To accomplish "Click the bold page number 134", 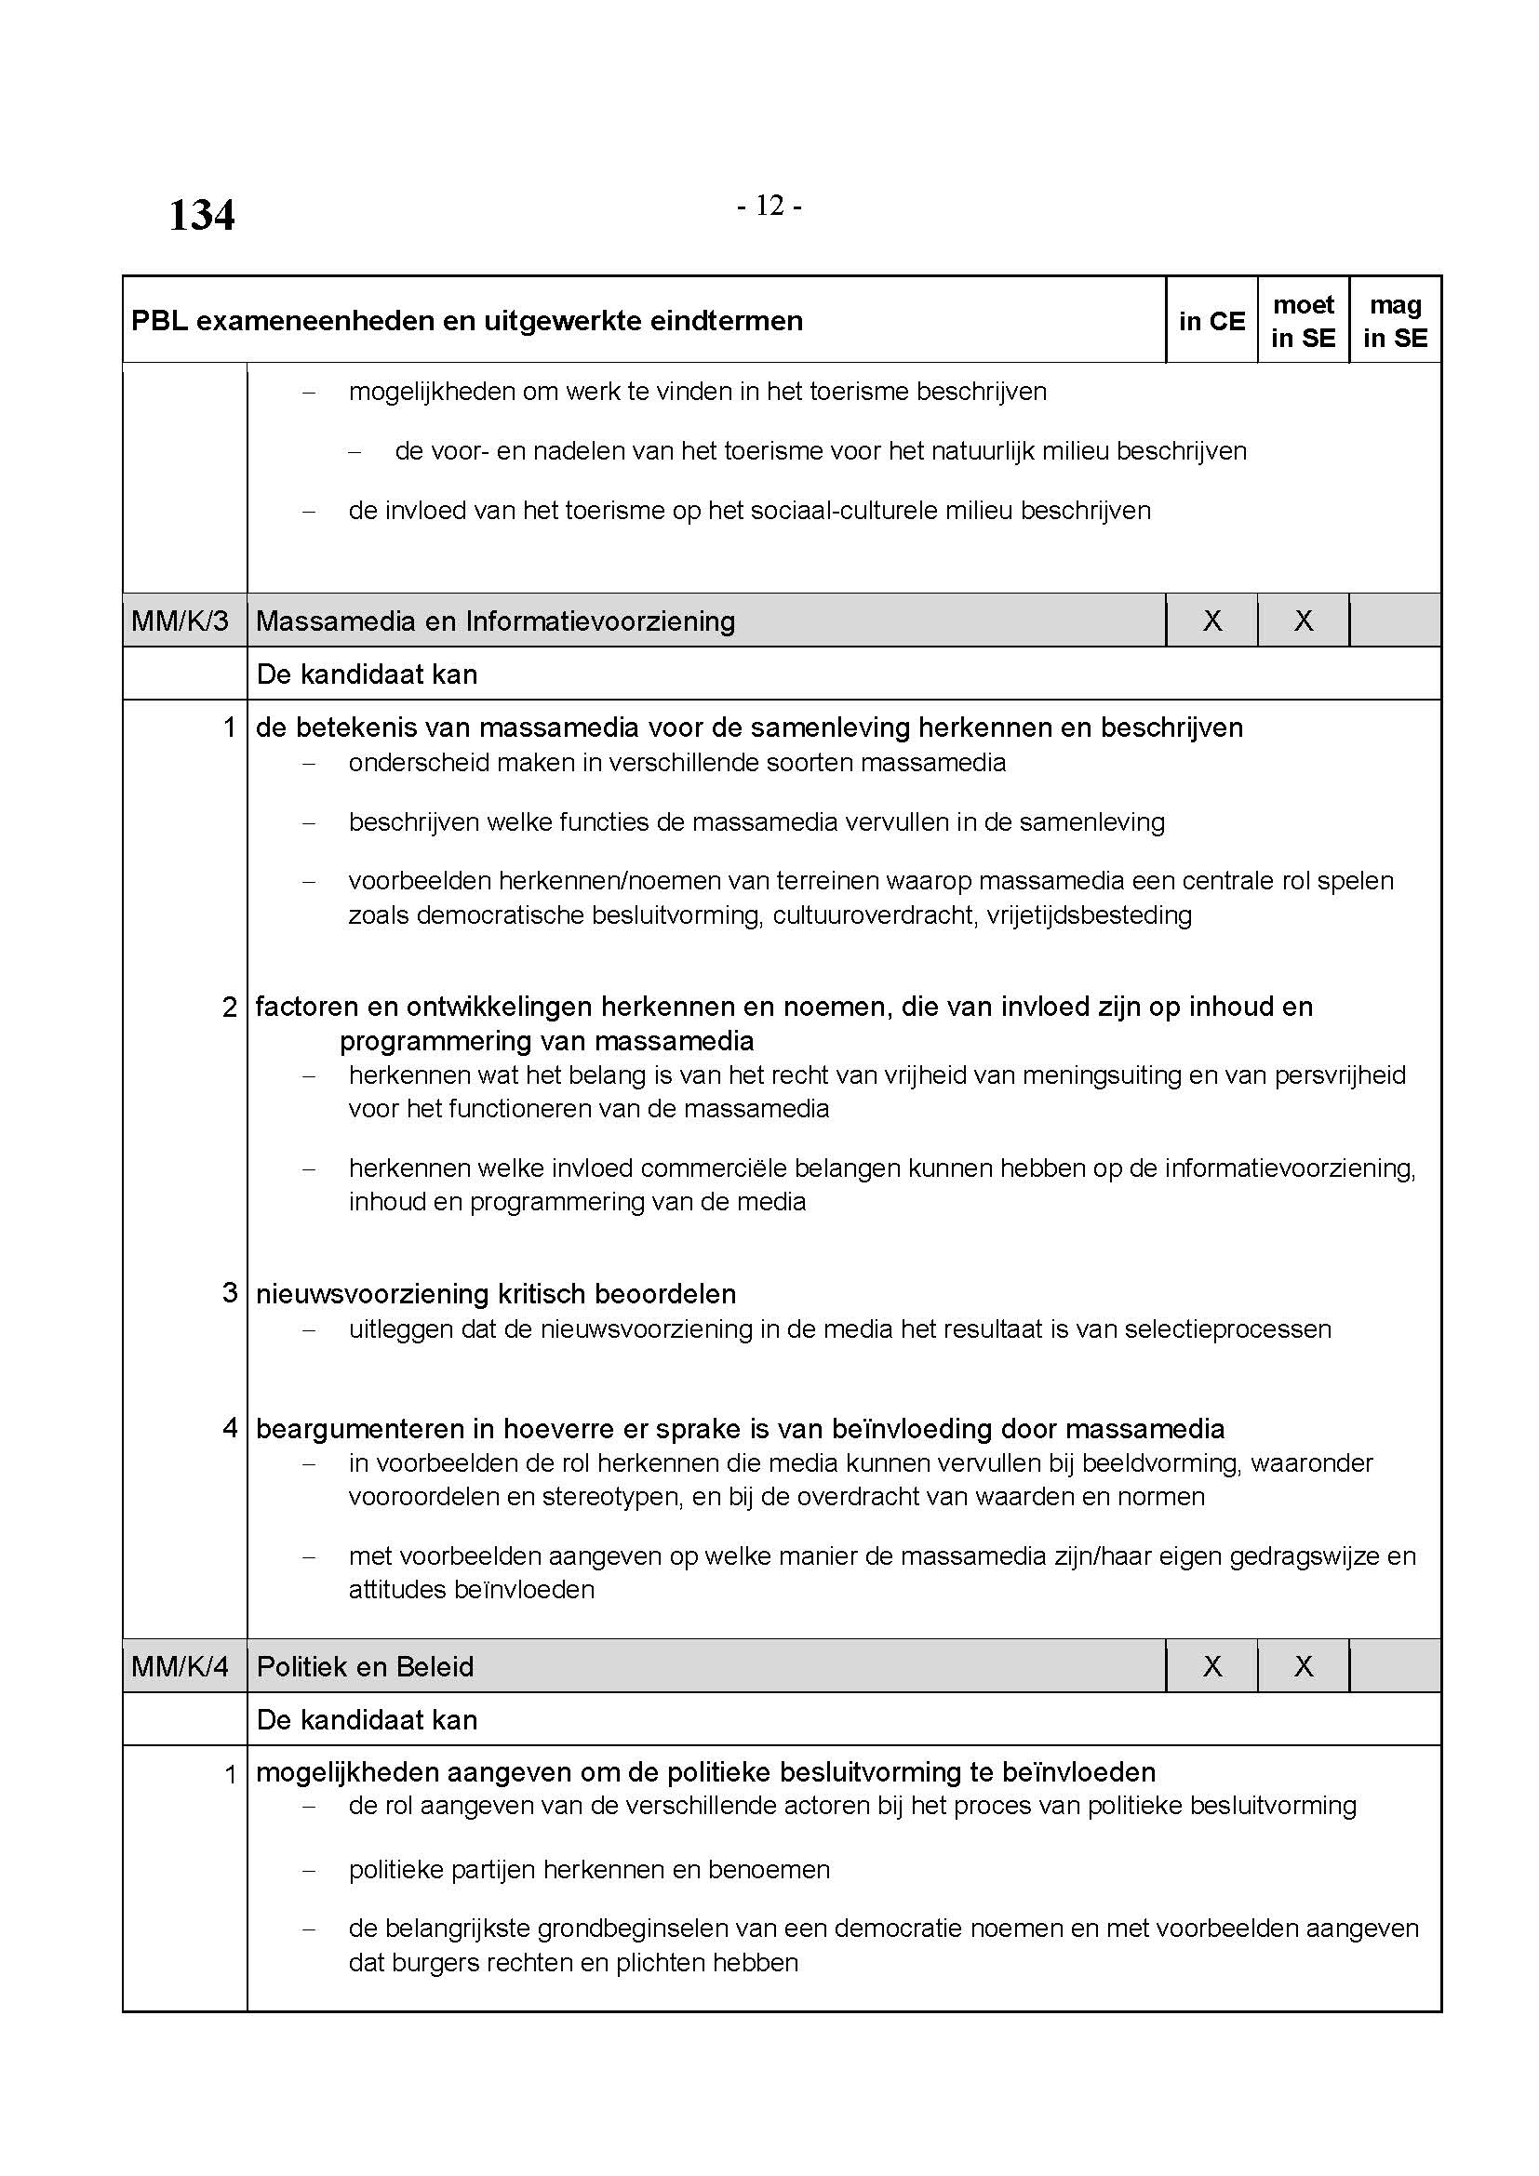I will (x=202, y=215).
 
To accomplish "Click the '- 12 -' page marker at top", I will (x=769, y=205).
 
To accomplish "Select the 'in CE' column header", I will (x=1211, y=321).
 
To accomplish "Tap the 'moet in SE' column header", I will (x=1303, y=321).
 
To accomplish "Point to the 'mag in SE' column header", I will (x=1395, y=321).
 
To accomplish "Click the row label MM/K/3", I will (x=181, y=621).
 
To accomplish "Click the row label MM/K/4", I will (x=181, y=1666).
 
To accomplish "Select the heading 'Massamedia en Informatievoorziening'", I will (x=496, y=621).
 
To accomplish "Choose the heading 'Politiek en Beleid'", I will (x=365, y=1666).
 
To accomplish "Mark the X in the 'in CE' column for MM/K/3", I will (x=1212, y=621).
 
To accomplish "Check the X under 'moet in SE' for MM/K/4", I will (x=1303, y=1666).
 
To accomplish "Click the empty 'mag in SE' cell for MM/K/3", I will (x=1395, y=621).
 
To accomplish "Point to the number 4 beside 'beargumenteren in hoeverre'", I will (x=229, y=1427).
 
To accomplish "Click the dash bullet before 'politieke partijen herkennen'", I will (x=308, y=1871).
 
